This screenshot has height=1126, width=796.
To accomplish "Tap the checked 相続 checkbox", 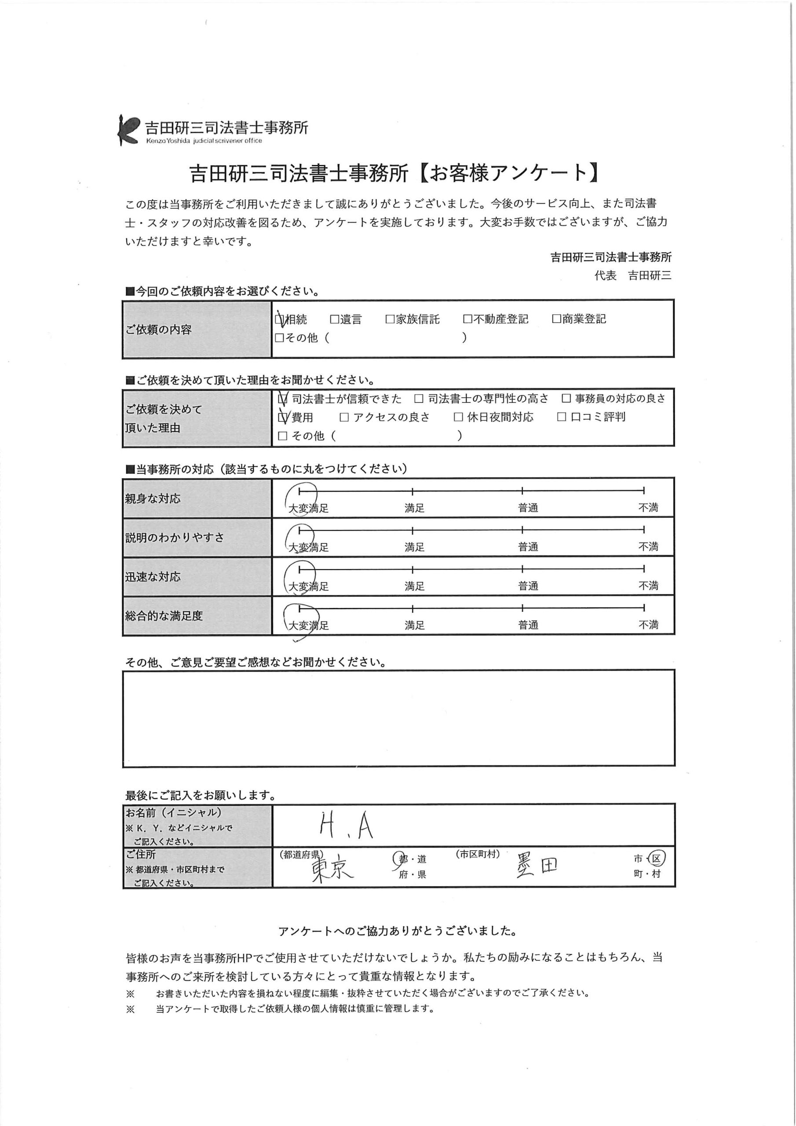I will pyautogui.click(x=280, y=320).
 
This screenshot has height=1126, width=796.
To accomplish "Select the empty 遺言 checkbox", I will pyautogui.click(x=335, y=320).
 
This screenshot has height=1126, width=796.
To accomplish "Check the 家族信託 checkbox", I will pyautogui.click(x=390, y=320).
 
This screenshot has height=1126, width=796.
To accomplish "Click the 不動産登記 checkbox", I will pyautogui.click(x=467, y=319).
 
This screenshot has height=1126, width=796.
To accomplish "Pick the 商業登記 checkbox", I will pyautogui.click(x=556, y=319).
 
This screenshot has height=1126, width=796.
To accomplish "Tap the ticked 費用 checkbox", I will pyautogui.click(x=282, y=417).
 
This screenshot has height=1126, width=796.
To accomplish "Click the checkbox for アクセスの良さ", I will pyautogui.click(x=344, y=417).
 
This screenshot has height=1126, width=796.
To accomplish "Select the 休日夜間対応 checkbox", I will pyautogui.click(x=459, y=417).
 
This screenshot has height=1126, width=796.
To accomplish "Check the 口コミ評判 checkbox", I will pyautogui.click(x=562, y=417).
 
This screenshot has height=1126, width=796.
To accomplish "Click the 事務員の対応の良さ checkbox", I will pyautogui.click(x=566, y=398).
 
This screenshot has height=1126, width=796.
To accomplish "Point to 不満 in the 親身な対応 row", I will pyautogui.click(x=648, y=508).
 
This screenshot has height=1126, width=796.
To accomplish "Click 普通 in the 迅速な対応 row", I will pyautogui.click(x=528, y=586).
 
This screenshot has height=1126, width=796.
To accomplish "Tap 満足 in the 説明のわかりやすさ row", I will pyautogui.click(x=414, y=547).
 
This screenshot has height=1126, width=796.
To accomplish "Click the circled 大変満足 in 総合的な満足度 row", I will pyautogui.click(x=307, y=625).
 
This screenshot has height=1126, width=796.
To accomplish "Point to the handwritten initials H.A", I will pyautogui.click(x=346, y=826).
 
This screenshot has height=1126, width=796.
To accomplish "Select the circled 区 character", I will pyautogui.click(x=656, y=858).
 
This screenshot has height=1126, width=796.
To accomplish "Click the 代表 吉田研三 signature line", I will pyautogui.click(x=633, y=276).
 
